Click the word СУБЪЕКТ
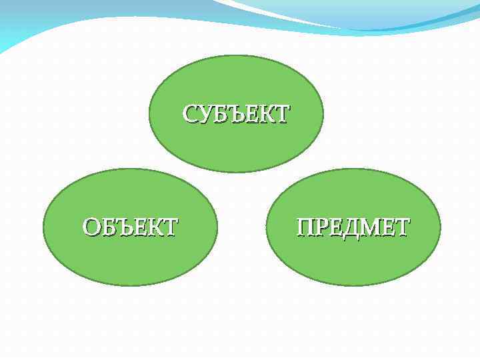click(x=236, y=114)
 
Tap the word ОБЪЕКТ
click(x=130, y=227)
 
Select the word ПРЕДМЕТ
click(x=353, y=227)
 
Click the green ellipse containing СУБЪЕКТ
click(x=236, y=80)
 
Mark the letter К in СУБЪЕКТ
click(x=265, y=114)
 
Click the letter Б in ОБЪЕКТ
click(x=107, y=227)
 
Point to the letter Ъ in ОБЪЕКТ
click(x=123, y=227)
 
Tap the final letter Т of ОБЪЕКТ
click(x=170, y=227)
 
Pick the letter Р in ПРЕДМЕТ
click(x=320, y=227)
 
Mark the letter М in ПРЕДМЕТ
click(x=369, y=227)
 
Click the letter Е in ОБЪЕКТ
click(x=139, y=227)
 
